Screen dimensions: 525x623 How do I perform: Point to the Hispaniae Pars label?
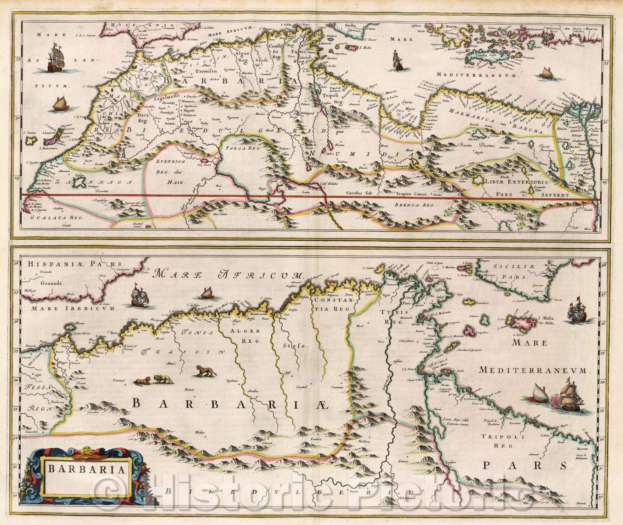pos(75,264)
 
